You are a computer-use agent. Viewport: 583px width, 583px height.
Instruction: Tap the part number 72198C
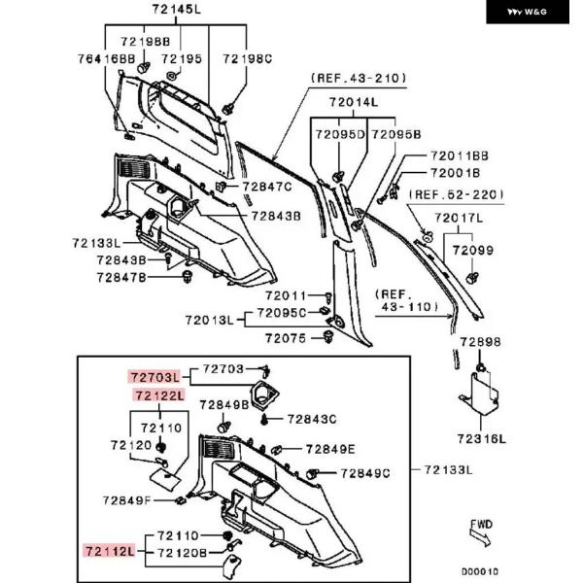coord(247,59)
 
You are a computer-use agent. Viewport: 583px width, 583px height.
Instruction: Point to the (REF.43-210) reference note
coord(358,78)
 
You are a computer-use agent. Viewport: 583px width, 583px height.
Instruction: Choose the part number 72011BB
coord(459,154)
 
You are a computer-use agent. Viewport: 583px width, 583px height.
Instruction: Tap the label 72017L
coord(459,218)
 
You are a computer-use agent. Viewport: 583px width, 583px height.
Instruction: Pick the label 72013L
coord(209,319)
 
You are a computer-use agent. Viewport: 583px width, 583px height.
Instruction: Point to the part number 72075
coord(284,337)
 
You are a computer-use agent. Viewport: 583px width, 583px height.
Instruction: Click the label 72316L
coord(482,438)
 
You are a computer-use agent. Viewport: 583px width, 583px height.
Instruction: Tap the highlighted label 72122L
coord(158,395)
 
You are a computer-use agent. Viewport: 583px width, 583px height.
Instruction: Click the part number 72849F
coord(127,500)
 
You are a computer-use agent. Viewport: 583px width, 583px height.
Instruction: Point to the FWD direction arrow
coord(482,532)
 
